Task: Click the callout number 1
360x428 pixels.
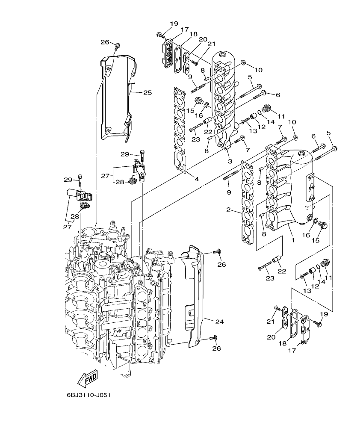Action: (293, 240)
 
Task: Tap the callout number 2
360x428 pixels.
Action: (229, 210)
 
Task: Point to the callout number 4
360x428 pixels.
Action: (196, 179)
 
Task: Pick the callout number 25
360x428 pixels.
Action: (148, 92)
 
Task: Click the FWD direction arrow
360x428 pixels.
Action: (87, 378)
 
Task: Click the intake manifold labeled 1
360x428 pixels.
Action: (291, 188)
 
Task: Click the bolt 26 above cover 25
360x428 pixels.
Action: (118, 45)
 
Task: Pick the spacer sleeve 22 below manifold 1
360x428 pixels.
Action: (277, 259)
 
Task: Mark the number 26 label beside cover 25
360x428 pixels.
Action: (105, 41)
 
